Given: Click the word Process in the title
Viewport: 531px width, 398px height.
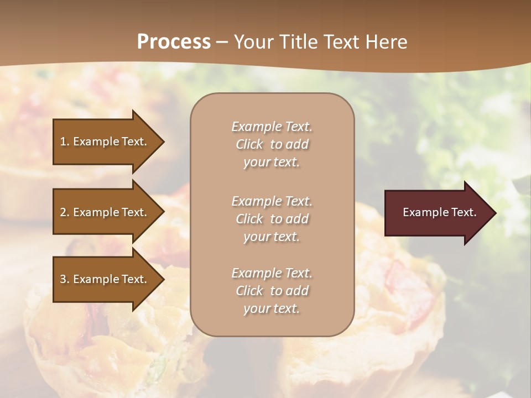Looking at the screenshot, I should pyautogui.click(x=174, y=42).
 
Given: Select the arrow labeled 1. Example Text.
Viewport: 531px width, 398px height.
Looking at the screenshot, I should pyautogui.click(x=105, y=142).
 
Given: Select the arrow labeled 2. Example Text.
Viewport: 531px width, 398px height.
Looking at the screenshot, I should pyautogui.click(x=105, y=212).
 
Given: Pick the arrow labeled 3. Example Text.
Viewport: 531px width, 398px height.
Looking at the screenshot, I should pyautogui.click(x=105, y=279).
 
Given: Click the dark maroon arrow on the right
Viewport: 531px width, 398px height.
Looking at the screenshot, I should pyautogui.click(x=437, y=212).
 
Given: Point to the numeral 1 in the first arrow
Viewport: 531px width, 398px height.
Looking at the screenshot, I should pyautogui.click(x=63, y=142).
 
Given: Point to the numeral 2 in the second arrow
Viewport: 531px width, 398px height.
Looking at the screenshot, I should pyautogui.click(x=63, y=212).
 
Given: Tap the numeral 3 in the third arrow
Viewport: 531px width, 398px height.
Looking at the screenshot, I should pyautogui.click(x=63, y=279).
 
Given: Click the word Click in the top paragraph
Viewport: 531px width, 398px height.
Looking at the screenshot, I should pyautogui.click(x=249, y=144).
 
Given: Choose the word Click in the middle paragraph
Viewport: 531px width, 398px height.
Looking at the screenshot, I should pyautogui.click(x=249, y=219).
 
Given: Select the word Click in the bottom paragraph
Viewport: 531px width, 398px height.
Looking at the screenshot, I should pyautogui.click(x=249, y=291).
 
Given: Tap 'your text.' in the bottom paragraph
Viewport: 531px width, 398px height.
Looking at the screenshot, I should pyautogui.click(x=272, y=308).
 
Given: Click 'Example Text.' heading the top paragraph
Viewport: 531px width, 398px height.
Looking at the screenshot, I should pyautogui.click(x=272, y=127).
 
